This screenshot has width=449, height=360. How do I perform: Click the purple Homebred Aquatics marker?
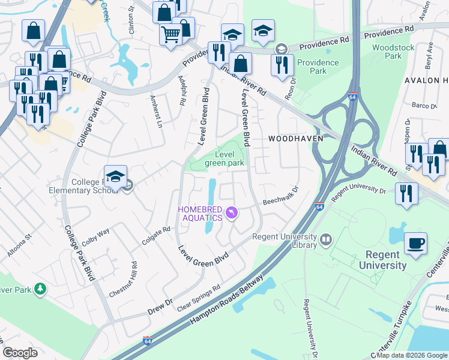pyautogui.click(x=232, y=213)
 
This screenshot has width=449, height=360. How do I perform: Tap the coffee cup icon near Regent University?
pyautogui.click(x=415, y=243)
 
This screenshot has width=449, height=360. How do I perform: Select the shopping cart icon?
pyautogui.click(x=170, y=34)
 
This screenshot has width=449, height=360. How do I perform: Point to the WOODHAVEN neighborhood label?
pyautogui.click(x=295, y=138)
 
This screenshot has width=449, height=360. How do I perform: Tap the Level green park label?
pyautogui.click(x=224, y=158)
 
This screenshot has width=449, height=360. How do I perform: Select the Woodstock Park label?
pyautogui.click(x=387, y=52)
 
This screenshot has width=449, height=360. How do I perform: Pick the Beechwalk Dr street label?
pyautogui.click(x=280, y=197)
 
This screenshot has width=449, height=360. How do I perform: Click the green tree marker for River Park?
pyautogui.click(x=40, y=290)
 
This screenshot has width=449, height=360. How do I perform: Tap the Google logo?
pyautogui.click(x=20, y=353)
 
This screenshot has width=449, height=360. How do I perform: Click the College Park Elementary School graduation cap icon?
pyautogui.click(x=115, y=176)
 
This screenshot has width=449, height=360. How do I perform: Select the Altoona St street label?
pyautogui.click(x=15, y=247)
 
